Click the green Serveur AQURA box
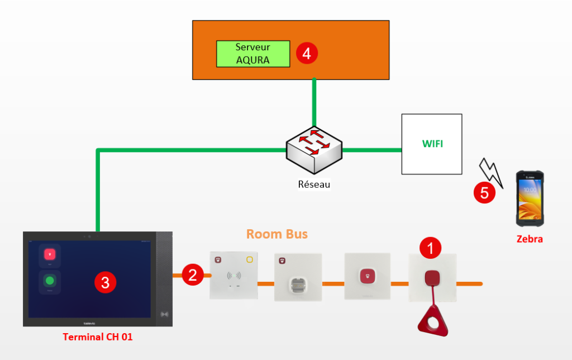coord(253,54)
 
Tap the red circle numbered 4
coord(307,53)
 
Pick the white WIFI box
coord(432,144)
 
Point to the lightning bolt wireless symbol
coord(490,170)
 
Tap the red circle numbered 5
coord(484,193)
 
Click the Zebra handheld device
coord(530,198)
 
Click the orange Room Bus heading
coord(277,234)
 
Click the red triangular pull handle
coord(432,321)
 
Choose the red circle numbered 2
coord(193,275)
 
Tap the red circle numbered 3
coord(105,283)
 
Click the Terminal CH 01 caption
coord(98,337)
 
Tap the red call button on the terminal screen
coord(50,254)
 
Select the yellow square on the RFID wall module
coord(249,259)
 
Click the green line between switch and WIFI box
coord(371,150)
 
